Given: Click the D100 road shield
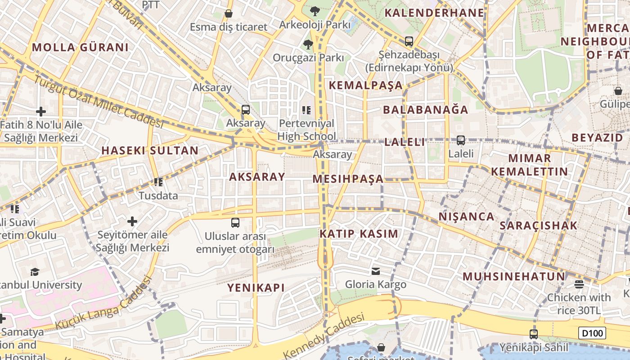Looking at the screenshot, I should [x=592, y=333].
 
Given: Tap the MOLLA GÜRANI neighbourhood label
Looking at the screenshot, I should [x=80, y=47].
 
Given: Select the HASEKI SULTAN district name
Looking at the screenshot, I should [x=150, y=150].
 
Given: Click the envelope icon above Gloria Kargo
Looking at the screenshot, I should [x=376, y=271].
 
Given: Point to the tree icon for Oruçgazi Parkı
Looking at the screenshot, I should [x=308, y=44].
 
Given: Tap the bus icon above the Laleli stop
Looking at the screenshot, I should [x=461, y=140].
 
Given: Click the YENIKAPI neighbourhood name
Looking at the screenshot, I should [x=256, y=288].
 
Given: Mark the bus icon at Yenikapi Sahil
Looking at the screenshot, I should [x=534, y=334].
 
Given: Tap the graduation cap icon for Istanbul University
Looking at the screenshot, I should [x=35, y=272].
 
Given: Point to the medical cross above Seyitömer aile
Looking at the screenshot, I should [x=132, y=221].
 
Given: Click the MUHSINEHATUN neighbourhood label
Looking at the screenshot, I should [x=513, y=276].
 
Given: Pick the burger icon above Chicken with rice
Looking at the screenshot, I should [x=579, y=284].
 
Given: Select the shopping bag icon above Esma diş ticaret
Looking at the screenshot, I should [x=229, y=13].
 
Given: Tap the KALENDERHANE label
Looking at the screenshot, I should [x=434, y=13].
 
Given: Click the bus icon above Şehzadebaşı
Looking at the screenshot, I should [x=409, y=41].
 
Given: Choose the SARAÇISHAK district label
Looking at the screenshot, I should [x=538, y=225].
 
